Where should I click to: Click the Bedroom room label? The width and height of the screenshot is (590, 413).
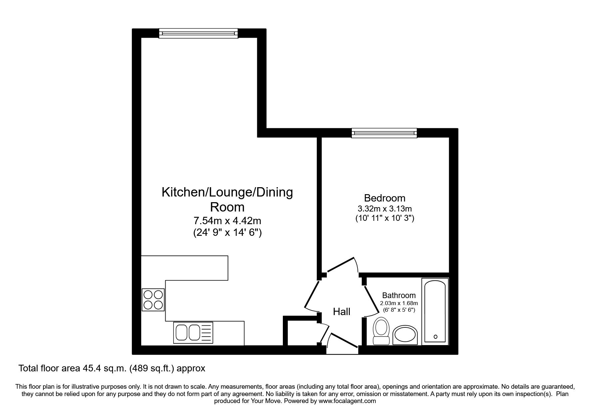coord(384,198)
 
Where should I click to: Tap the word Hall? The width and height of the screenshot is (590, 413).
coord(341,311)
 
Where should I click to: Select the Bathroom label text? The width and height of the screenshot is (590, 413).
coord(399,295)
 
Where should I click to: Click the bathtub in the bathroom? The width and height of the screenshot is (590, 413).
coord(435,311)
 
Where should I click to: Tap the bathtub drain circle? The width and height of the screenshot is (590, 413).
coord(435,337)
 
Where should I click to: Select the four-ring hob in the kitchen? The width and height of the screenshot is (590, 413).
coord(153,300)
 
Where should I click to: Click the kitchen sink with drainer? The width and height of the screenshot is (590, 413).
coord(193,332)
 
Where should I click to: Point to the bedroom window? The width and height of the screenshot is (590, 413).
coord(384,133)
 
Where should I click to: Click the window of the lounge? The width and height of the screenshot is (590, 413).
coord(199,33)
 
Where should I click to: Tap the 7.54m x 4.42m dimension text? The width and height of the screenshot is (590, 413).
coord(227,220)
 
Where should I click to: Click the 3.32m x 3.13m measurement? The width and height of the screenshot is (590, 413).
coord(384,209)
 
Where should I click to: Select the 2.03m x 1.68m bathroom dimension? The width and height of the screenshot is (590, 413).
coord(399,303)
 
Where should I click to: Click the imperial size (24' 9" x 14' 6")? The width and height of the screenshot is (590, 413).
coord(227,232)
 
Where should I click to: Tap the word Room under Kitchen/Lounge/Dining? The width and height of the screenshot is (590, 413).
coord(227,207)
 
